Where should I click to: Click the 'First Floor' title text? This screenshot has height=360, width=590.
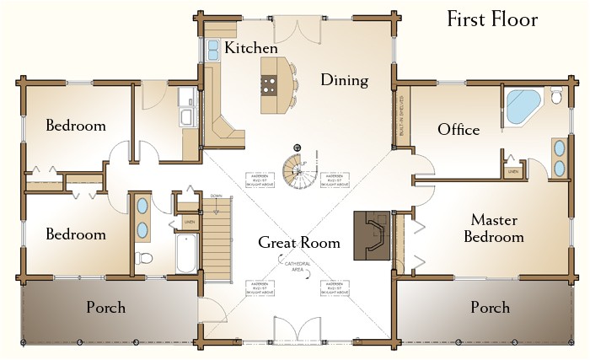click(x=492, y=19)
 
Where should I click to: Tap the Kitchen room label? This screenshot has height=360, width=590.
click(x=250, y=48)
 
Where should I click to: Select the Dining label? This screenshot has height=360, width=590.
click(x=345, y=81)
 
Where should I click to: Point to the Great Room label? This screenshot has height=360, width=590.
click(x=299, y=243)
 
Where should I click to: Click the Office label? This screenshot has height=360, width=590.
click(x=459, y=130)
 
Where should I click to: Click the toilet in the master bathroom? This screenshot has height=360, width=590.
click(x=555, y=96)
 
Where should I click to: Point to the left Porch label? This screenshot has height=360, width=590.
click(x=106, y=308)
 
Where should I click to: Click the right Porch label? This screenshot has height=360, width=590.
click(x=490, y=308)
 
